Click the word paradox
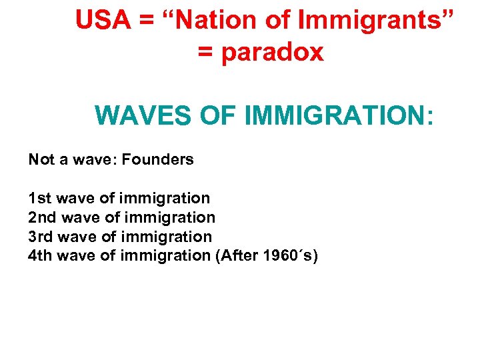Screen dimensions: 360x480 (x=273, y=52)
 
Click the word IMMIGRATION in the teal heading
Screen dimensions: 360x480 (x=339, y=115)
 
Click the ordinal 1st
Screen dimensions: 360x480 (x=39, y=198)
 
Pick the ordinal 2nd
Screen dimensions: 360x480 (x=41, y=217)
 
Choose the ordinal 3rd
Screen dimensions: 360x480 (x=40, y=236)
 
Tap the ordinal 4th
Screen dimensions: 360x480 (x=40, y=255)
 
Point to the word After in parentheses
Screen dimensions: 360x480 (x=235, y=255)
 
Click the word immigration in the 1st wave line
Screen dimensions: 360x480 (x=165, y=198)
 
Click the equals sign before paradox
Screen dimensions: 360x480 (x=206, y=52)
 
